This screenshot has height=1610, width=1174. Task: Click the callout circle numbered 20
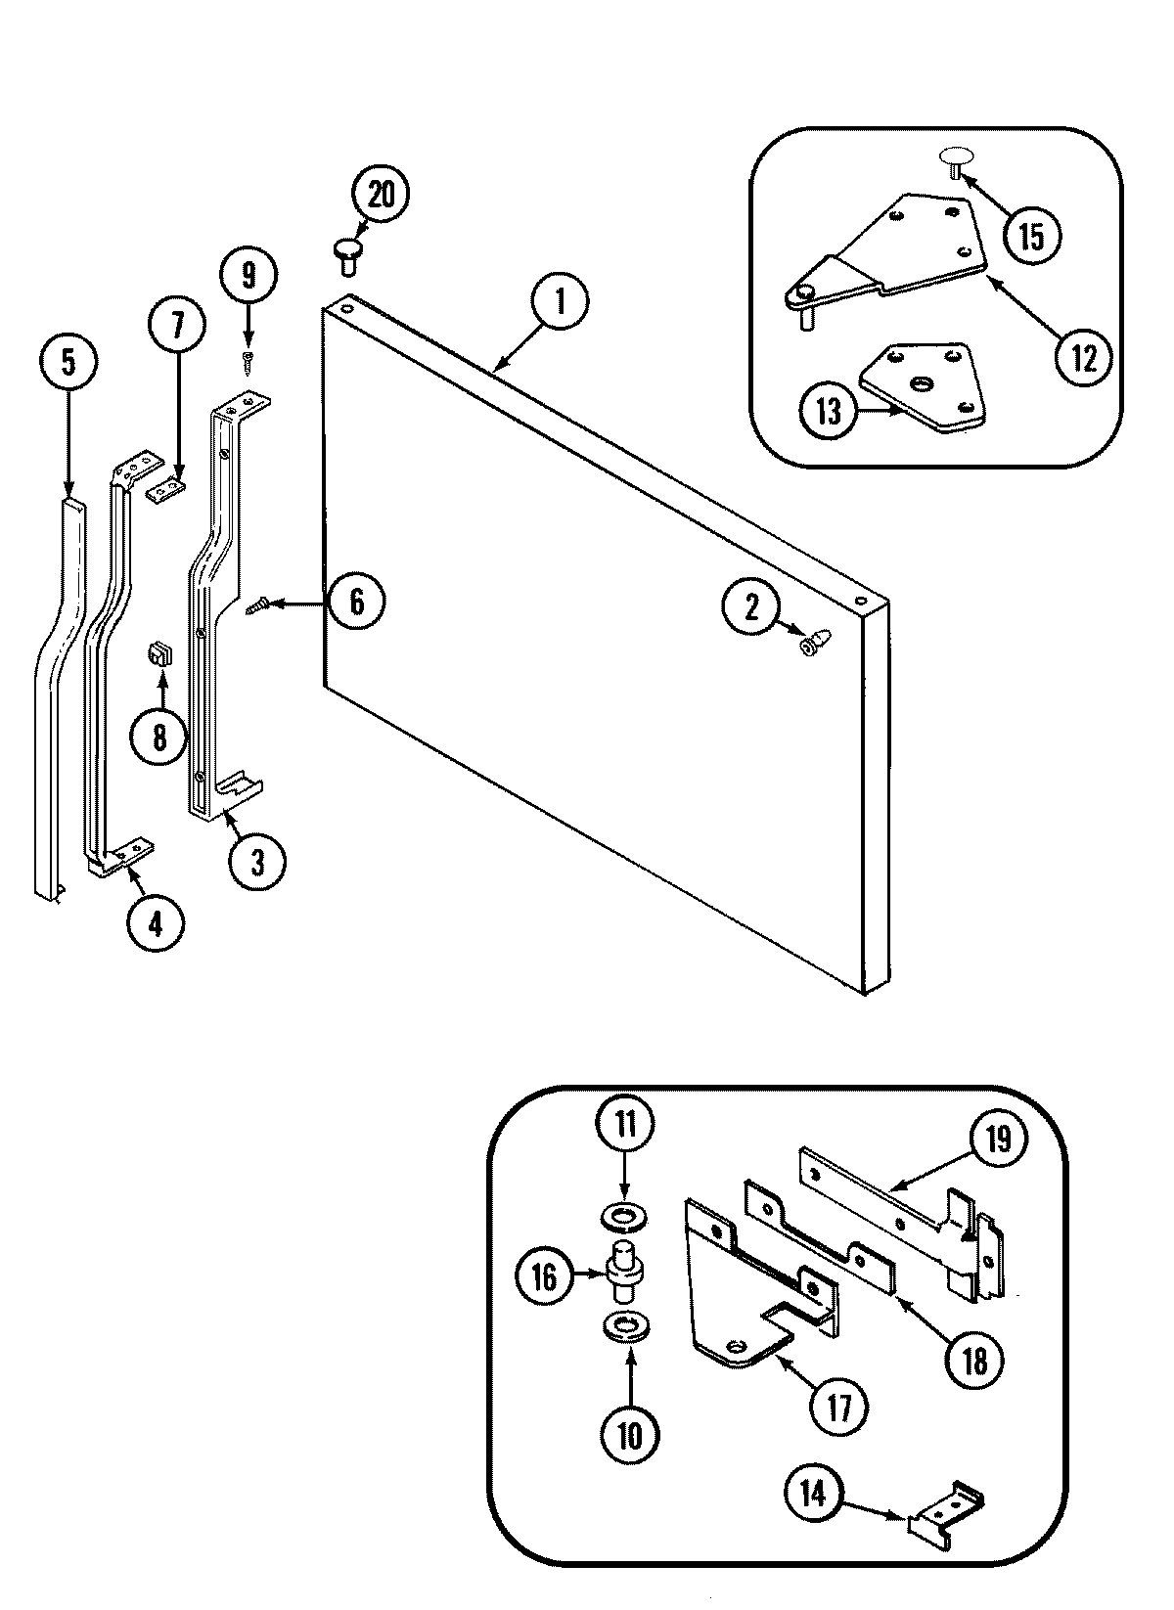point(380,194)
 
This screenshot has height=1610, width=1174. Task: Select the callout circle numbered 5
point(68,362)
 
